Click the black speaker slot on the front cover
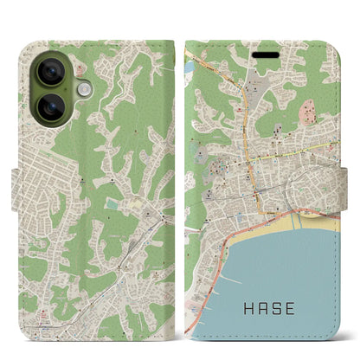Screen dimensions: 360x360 pyautogui.click(x=262, y=49)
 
